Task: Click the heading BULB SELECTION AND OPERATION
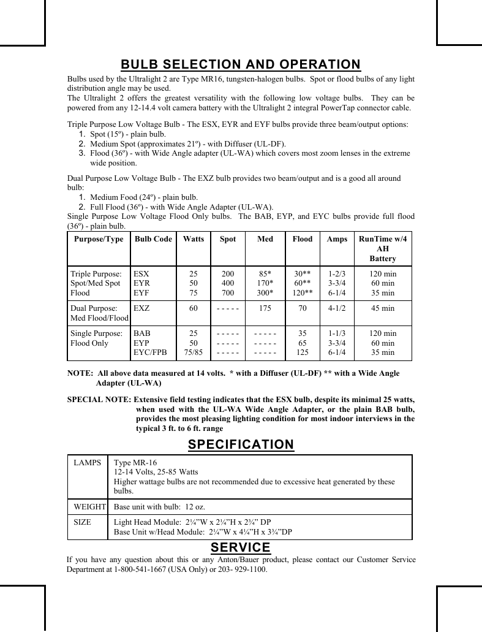pyautogui.click(x=241, y=64)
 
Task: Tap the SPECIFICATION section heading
pyautogui.click(x=241, y=444)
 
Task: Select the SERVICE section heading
pyautogui.click(x=241, y=547)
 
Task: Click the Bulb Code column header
pyautogui.click(x=153, y=239)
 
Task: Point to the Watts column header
pyautogui.click(x=193, y=239)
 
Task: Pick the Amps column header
pyautogui.click(x=337, y=239)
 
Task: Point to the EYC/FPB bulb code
pyautogui.click(x=150, y=352)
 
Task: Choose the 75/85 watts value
pyautogui.click(x=193, y=352)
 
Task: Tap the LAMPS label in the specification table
pyautogui.click(x=88, y=462)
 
